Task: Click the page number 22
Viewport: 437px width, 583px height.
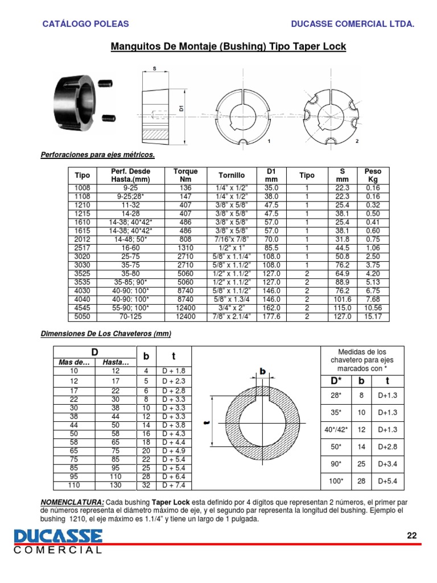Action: pyautogui.click(x=412, y=535)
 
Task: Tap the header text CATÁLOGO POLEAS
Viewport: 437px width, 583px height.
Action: pyautogui.click(x=86, y=24)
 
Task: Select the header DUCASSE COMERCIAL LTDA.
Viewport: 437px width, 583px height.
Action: pyautogui.click(x=352, y=24)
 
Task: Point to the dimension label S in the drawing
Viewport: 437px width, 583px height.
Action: pyautogui.click(x=155, y=69)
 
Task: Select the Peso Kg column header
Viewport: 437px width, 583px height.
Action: pyautogui.click(x=373, y=175)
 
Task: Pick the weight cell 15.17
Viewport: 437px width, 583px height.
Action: pyautogui.click(x=373, y=317)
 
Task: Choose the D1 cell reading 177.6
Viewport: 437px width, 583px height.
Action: pyautogui.click(x=271, y=317)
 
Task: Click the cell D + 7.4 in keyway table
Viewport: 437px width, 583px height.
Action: pyautogui.click(x=174, y=486)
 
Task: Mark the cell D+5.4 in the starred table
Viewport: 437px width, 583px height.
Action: pyautogui.click(x=388, y=481)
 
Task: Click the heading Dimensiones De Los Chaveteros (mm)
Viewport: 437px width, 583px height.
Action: pyautogui.click(x=106, y=334)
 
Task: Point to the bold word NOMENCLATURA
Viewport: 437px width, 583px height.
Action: pyautogui.click(x=73, y=503)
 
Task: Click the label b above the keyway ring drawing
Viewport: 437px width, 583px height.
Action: pyautogui.click(x=263, y=371)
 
